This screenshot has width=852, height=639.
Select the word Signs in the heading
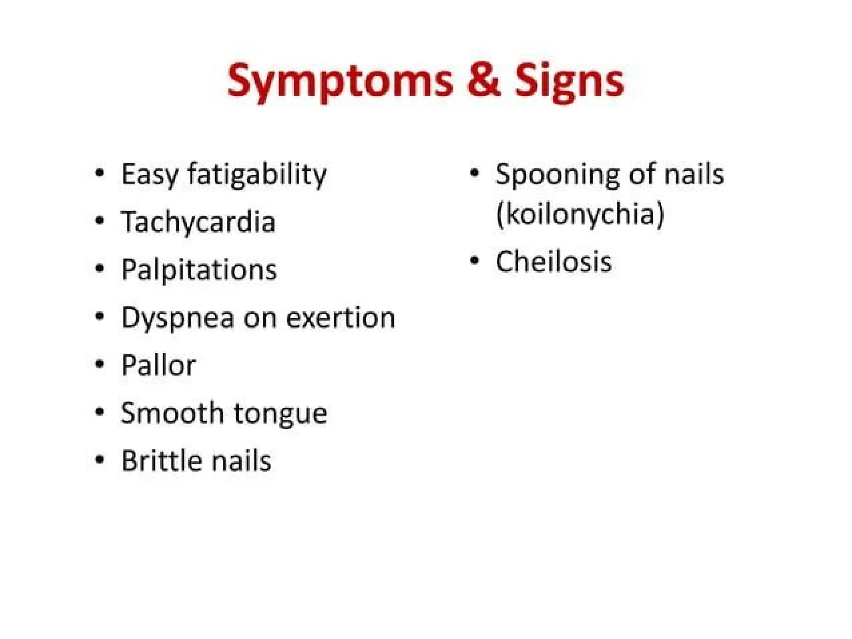coord(569,81)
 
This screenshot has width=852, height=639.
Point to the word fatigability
coord(257,175)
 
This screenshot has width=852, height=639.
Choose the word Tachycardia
coord(198,222)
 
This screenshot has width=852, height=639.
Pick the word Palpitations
coord(198,270)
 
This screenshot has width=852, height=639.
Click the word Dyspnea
coord(177,318)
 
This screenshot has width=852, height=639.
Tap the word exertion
coord(340,318)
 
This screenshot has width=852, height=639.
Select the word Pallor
coord(158,365)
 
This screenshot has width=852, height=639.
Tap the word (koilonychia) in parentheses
coord(580,214)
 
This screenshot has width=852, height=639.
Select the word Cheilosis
coord(553,262)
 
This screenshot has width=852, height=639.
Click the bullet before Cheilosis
coord(474,261)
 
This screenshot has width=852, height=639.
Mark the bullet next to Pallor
coord(99,364)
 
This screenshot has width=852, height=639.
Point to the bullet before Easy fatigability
coord(99,173)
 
